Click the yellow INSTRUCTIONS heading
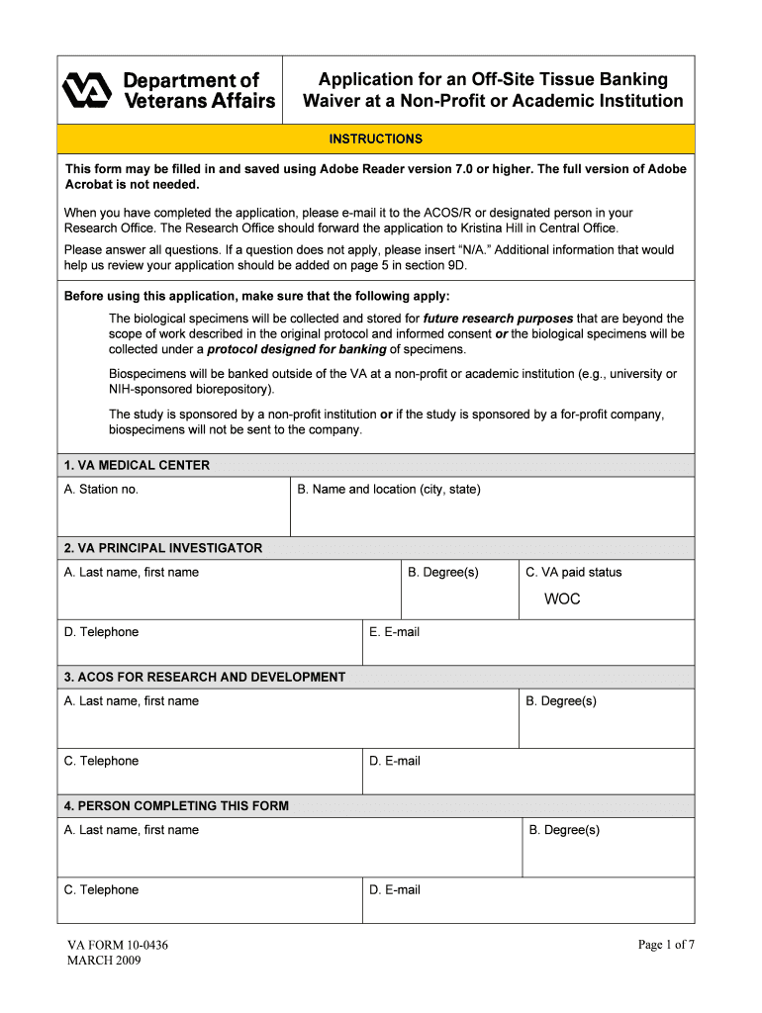[x=375, y=139]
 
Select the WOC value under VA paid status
[x=562, y=599]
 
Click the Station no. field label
[x=101, y=490]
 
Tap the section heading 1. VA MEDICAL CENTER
[x=137, y=465]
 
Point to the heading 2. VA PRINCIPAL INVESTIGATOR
[x=163, y=548]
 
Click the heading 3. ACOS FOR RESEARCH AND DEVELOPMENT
[x=205, y=678]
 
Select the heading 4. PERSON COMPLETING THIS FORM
[x=176, y=806]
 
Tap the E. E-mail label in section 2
[x=394, y=632]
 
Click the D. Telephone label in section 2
[x=101, y=632]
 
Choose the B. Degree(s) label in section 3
[x=561, y=701]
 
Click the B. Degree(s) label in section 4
[x=564, y=830]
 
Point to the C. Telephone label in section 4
[x=101, y=890]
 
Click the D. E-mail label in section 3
[x=395, y=761]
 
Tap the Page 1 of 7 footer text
[x=666, y=945]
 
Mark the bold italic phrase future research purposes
[x=498, y=319]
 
